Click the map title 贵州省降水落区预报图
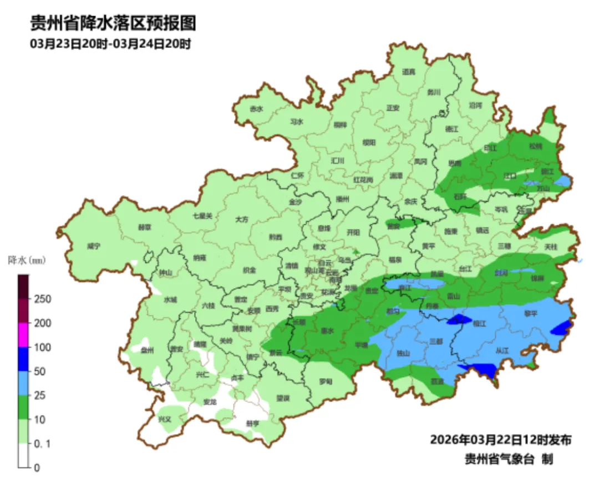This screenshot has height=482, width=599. point(113,23)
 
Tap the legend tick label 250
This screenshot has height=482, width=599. point(43,299)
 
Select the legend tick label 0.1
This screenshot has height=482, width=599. point(42,444)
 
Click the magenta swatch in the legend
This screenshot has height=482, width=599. point(24,335)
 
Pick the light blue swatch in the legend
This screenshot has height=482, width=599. point(24,383)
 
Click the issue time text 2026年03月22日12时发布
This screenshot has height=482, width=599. point(500,440)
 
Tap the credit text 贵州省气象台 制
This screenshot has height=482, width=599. point(509,459)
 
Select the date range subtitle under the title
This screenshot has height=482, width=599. point(110,44)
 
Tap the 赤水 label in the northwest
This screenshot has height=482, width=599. point(256,109)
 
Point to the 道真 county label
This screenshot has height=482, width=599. point(409,72)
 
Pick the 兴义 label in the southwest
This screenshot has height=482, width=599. point(165,419)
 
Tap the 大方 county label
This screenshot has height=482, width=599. point(242,219)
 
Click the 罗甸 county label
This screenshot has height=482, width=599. point(326,381)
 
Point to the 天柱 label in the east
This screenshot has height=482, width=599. point(550,246)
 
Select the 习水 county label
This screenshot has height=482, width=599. point(297,122)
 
